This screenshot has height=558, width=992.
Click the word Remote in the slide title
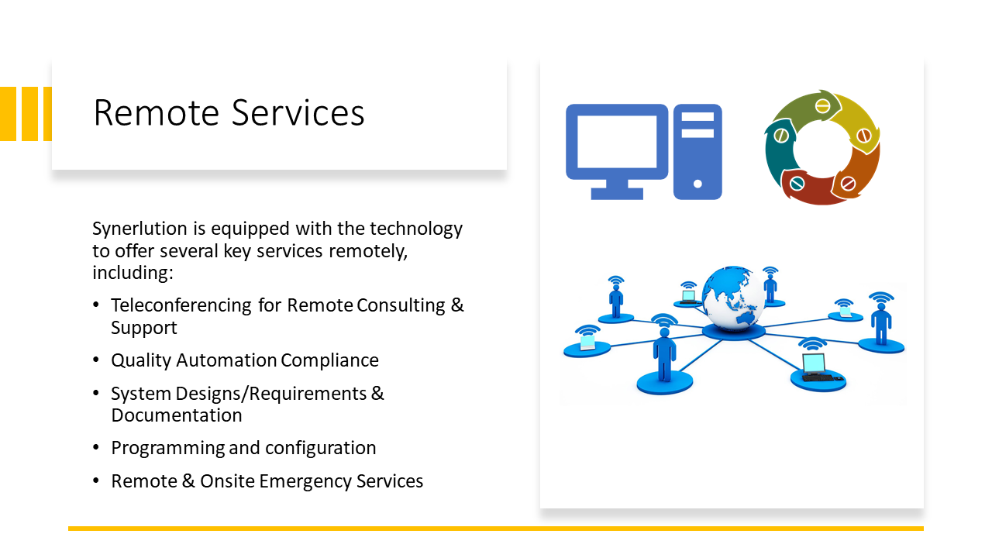pos(157,113)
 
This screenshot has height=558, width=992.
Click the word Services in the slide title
pos(298,113)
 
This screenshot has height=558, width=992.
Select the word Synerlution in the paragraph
pos(139,229)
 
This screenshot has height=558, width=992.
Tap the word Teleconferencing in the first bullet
pos(181,305)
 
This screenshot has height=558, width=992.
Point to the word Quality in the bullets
pos(141,361)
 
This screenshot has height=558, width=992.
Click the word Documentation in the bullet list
pos(177,415)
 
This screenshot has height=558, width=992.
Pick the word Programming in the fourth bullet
pos(167,449)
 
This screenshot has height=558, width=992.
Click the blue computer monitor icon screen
pos(617,142)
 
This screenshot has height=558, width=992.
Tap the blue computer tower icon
pos(697,152)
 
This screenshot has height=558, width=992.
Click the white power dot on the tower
pos(697,184)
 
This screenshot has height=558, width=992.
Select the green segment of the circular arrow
pos(806,109)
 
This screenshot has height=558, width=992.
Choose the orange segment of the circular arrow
pos(859,170)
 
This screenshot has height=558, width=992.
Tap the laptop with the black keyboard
pos(817,368)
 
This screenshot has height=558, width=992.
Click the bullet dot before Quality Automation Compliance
pos(96,360)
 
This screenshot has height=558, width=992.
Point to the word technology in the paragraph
pos(416,229)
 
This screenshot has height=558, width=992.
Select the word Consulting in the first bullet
pos(401,305)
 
